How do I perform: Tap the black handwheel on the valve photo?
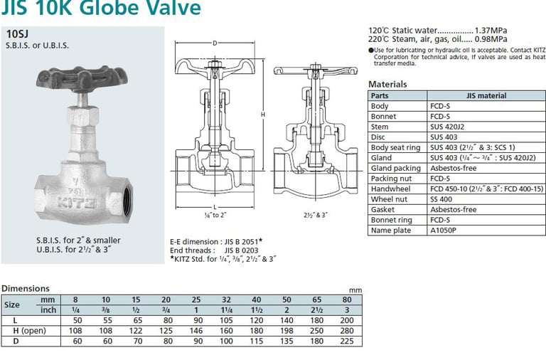click(x=82, y=78)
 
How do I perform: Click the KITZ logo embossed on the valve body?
click(x=77, y=202)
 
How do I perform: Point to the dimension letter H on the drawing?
click(x=263, y=115)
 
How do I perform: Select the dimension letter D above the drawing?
click(x=215, y=43)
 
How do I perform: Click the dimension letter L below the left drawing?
click(x=215, y=207)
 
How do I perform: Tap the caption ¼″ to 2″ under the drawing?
click(x=215, y=215)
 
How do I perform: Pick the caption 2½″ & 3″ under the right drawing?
click(x=315, y=215)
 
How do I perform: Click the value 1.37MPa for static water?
click(x=491, y=31)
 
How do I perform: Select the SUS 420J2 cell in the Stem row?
click(x=447, y=127)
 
